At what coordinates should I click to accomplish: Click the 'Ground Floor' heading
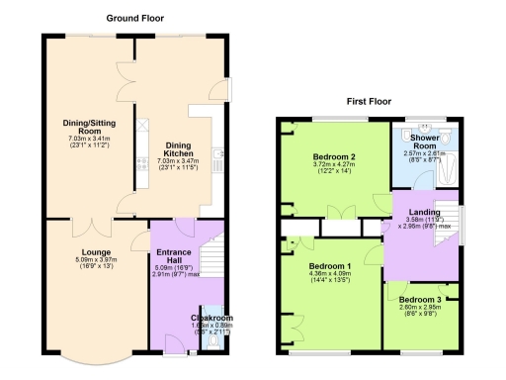click(x=134, y=18)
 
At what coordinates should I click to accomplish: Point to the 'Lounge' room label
click(x=96, y=251)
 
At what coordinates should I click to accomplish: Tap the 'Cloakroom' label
click(x=211, y=318)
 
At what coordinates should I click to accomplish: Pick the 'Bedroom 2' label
click(x=333, y=156)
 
